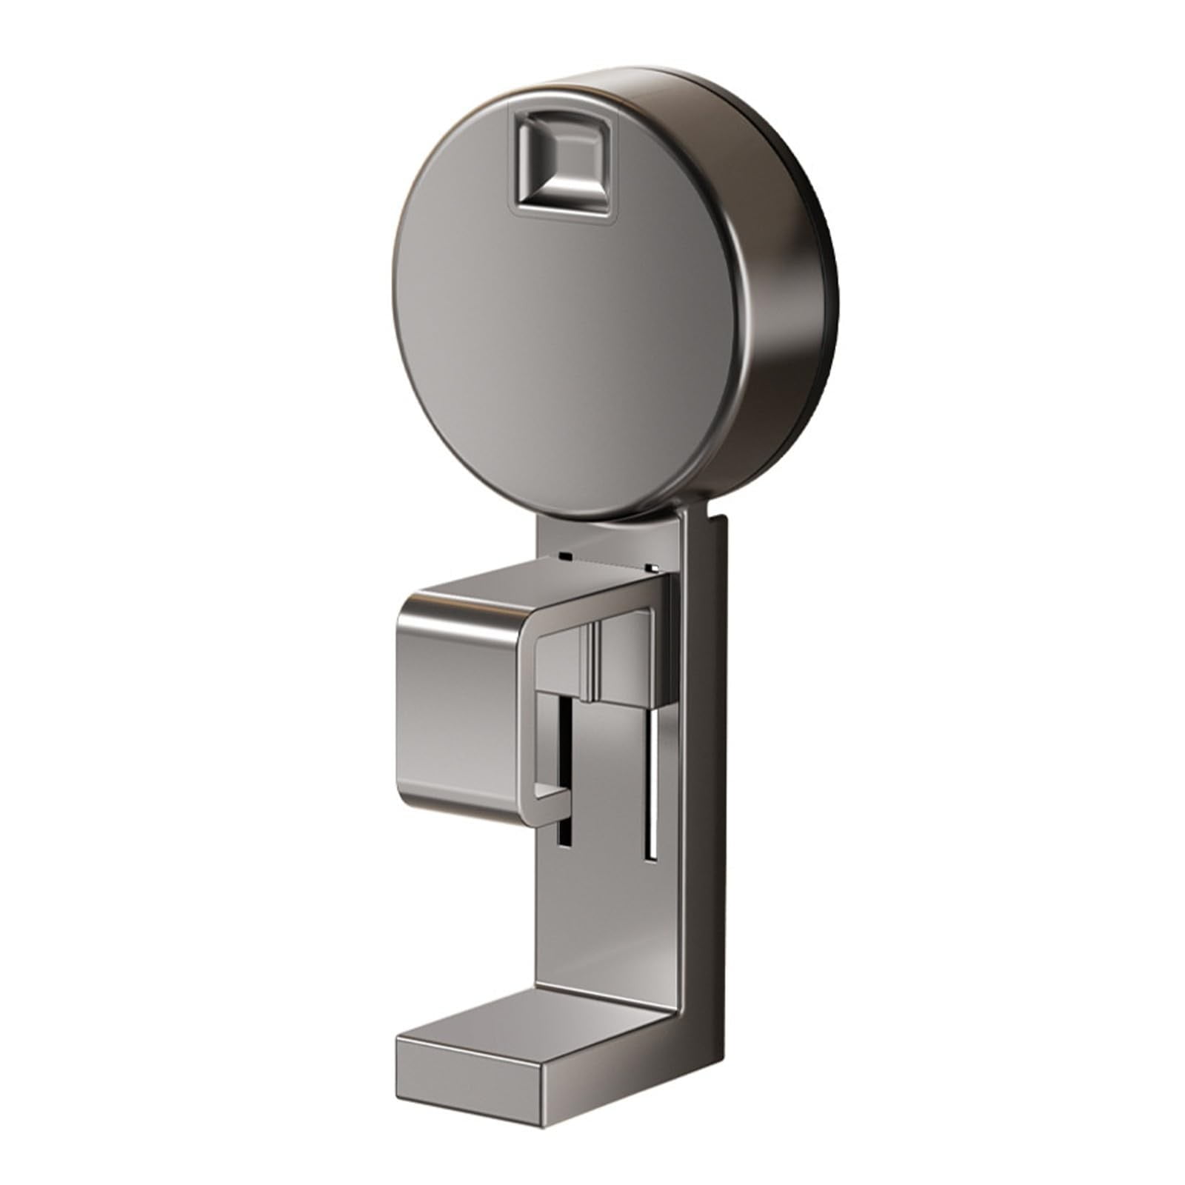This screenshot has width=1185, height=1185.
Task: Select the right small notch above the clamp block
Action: (651, 567)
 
